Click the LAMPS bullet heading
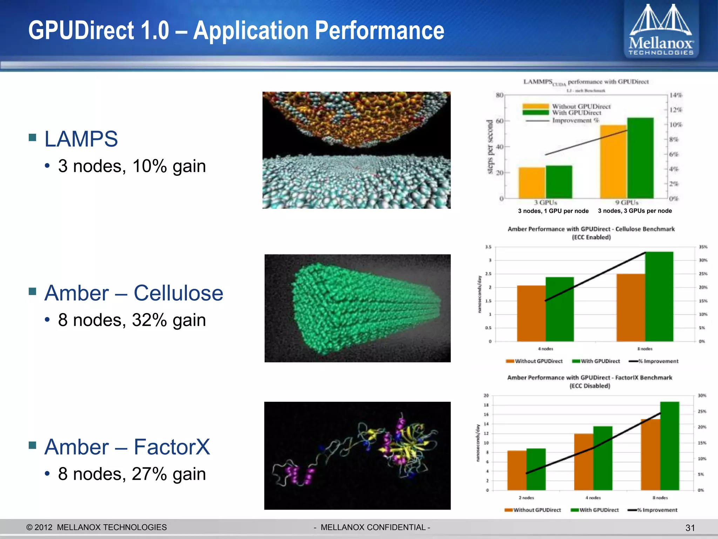click(x=81, y=139)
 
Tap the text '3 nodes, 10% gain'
click(x=132, y=166)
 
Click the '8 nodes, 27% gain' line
click(x=132, y=474)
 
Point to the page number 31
click(x=690, y=528)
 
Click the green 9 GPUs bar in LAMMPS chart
click(x=640, y=158)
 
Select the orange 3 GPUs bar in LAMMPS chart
click(x=532, y=183)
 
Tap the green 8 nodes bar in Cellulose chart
click(x=659, y=297)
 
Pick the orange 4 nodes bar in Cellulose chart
click(x=531, y=313)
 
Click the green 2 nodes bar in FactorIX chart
click(x=536, y=469)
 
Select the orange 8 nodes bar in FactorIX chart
click(x=650, y=454)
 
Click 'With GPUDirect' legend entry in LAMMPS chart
click(x=576, y=113)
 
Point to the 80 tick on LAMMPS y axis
click(x=500, y=95)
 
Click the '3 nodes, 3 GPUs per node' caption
click(x=635, y=211)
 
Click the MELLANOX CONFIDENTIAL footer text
click(x=372, y=527)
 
